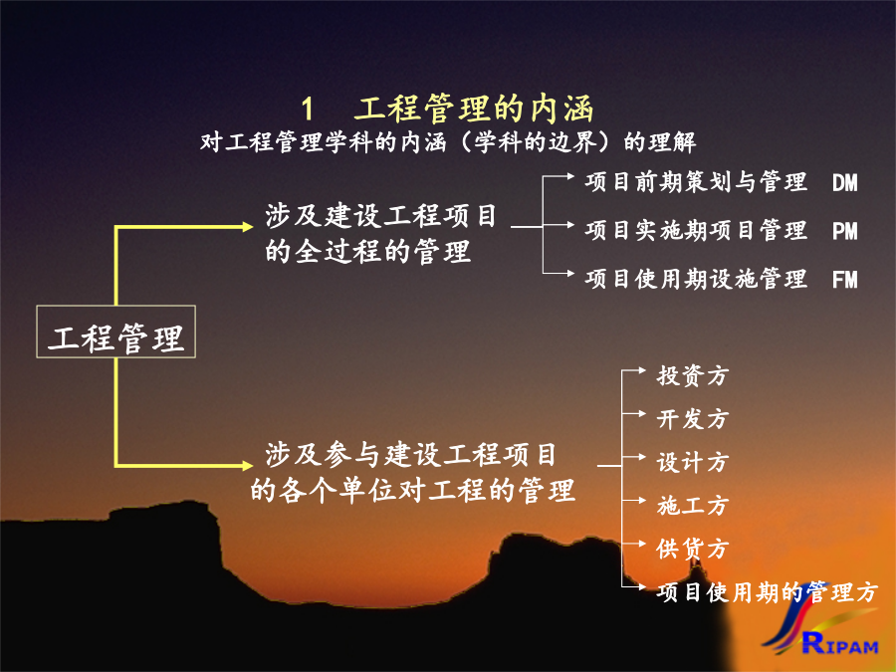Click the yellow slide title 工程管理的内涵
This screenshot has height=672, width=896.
(x=474, y=109)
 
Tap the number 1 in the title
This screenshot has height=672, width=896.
(x=308, y=110)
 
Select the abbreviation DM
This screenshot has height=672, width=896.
(x=844, y=183)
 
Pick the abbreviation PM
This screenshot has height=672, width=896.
(x=844, y=231)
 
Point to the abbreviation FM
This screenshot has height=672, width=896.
(x=844, y=280)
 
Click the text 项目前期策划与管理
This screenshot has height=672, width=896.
(x=696, y=182)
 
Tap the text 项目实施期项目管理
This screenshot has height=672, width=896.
(x=696, y=230)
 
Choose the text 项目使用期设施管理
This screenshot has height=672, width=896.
(x=696, y=279)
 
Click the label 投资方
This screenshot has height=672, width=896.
(x=693, y=375)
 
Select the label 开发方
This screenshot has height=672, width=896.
(x=693, y=419)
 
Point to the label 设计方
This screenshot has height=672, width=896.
(x=693, y=462)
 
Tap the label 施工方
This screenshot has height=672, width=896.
(x=693, y=505)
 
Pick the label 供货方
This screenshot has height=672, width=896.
(x=693, y=549)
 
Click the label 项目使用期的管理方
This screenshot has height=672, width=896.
(x=767, y=592)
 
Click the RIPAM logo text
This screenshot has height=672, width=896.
(x=839, y=644)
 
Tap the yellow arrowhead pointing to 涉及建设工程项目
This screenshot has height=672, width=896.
(x=248, y=227)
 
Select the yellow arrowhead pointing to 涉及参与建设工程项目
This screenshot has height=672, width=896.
(x=248, y=466)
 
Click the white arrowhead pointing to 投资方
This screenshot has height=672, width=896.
(x=642, y=371)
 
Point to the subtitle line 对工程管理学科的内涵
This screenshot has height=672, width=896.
(x=324, y=142)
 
